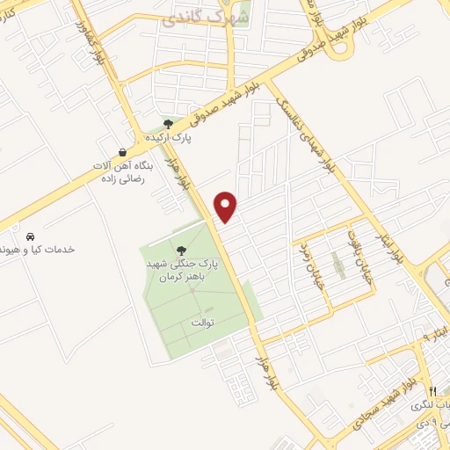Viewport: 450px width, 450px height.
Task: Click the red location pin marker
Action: tap(227, 207)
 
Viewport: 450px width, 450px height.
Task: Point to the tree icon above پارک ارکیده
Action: tap(167, 124)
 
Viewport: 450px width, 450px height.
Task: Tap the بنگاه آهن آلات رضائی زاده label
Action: tap(123, 171)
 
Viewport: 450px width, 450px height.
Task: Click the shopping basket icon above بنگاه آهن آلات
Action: tap(121, 151)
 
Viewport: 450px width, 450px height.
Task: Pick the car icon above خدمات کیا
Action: tap(30, 236)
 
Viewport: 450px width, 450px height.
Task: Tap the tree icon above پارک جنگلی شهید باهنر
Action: tap(182, 250)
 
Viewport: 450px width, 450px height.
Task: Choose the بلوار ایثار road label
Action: tap(394, 236)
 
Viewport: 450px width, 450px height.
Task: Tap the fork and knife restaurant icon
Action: tap(432, 390)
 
